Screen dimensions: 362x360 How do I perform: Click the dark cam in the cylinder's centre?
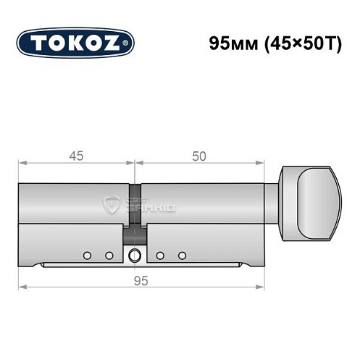(135, 235)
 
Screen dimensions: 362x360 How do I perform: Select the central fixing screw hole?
(135, 255)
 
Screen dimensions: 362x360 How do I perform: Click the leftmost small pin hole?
(88, 255)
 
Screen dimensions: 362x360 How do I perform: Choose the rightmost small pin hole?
(183, 255)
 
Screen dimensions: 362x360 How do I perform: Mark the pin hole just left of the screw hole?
(109, 255)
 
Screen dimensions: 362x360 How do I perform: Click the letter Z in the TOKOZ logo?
(114, 42)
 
